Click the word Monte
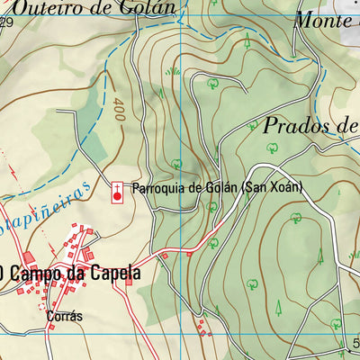(x=321, y=19)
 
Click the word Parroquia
(x=158, y=189)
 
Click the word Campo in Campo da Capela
(x=38, y=271)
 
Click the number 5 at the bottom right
(x=355, y=343)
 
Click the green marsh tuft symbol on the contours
(x=174, y=70)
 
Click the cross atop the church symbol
(x=117, y=184)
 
